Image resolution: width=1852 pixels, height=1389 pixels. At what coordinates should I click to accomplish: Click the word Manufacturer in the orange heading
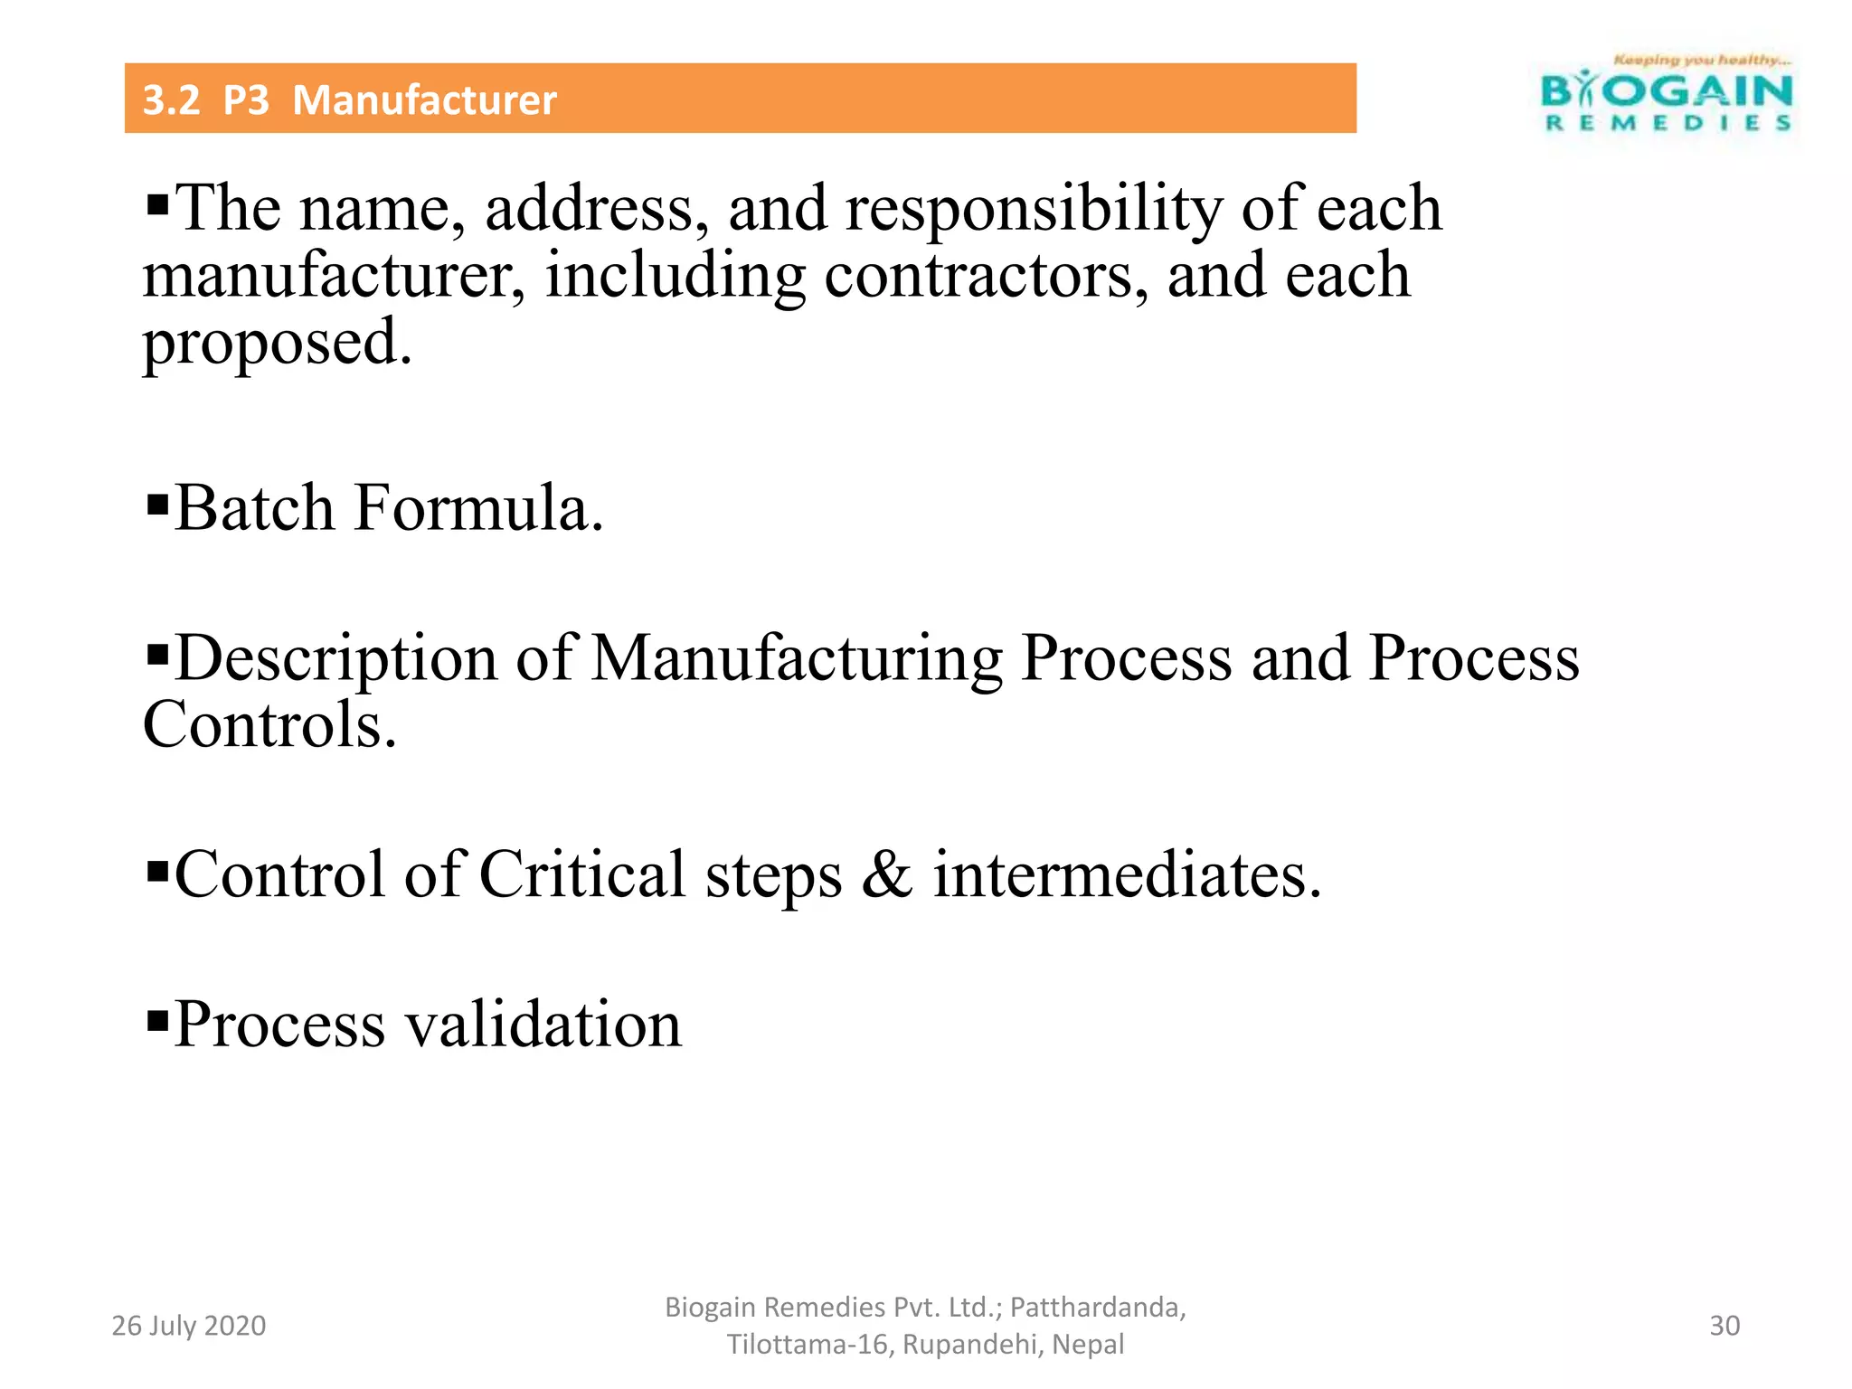[x=424, y=99]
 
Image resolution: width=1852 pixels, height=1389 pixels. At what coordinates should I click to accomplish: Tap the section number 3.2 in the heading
[x=171, y=99]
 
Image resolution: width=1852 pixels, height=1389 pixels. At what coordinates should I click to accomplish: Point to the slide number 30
[x=1724, y=1326]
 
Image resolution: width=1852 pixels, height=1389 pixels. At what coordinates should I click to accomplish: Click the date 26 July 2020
[x=188, y=1326]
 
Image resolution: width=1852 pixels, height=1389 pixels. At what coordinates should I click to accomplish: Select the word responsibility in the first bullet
[x=1034, y=209]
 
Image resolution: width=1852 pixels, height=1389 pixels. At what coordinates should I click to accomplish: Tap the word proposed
[x=277, y=344]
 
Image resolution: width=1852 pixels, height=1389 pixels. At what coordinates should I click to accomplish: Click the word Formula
[x=478, y=508]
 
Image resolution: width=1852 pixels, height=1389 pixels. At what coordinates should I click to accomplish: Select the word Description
[x=335, y=657]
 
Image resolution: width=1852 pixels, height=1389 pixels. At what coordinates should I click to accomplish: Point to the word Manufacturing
[x=797, y=657]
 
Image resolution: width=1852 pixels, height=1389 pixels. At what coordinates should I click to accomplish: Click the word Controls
[x=269, y=724]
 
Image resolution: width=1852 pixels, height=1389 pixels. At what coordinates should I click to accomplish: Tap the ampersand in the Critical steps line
[x=887, y=874]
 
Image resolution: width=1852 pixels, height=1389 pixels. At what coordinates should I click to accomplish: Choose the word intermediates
[x=1127, y=874]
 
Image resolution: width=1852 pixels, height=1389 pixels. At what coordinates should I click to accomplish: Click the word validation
[x=543, y=1025]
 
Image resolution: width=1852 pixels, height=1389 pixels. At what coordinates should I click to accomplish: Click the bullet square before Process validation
[x=157, y=1020]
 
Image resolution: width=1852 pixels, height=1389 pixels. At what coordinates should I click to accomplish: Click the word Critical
[x=581, y=874]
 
